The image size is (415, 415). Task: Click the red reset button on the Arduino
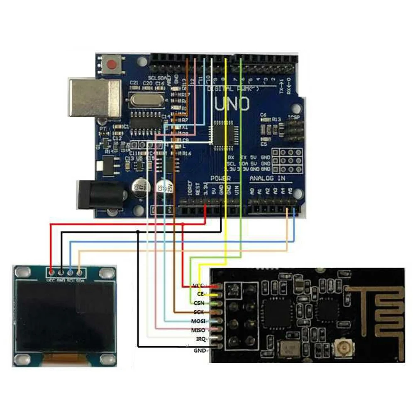tap(112, 65)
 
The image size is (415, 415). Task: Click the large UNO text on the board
tap(232, 103)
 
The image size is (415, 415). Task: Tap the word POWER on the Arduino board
tap(221, 178)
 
